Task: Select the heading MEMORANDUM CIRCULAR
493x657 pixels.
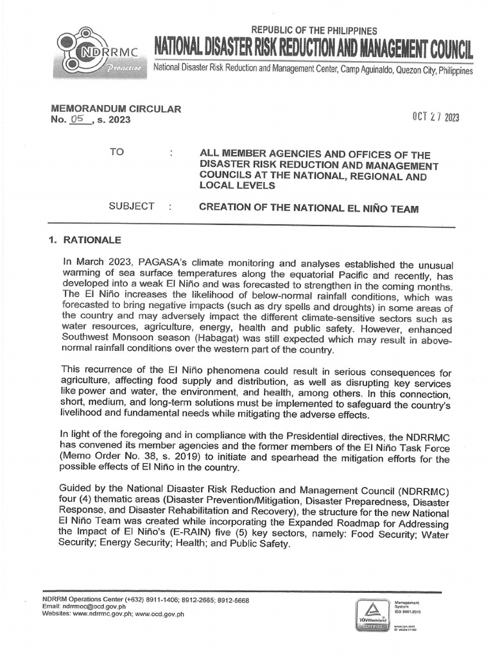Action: pos(107,109)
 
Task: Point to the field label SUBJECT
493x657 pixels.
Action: pos(132,206)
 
